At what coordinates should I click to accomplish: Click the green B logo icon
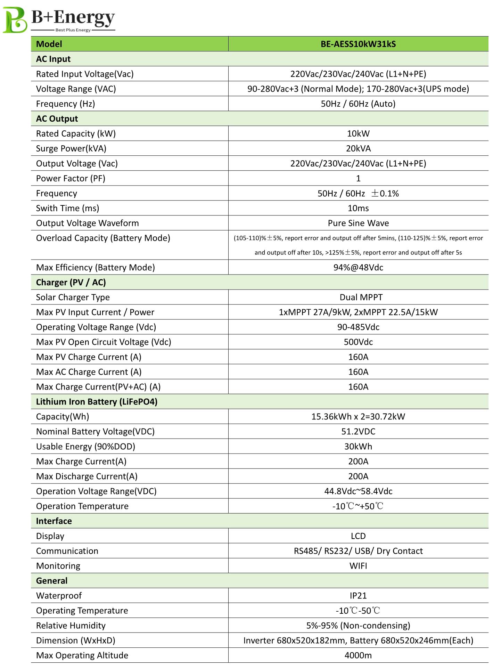click(x=15, y=20)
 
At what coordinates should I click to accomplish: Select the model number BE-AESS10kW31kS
click(x=358, y=44)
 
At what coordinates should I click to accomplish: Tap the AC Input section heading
click(x=53, y=59)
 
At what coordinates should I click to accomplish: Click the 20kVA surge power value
click(x=358, y=149)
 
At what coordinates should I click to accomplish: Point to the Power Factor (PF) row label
click(x=71, y=179)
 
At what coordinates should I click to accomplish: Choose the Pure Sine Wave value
click(x=358, y=223)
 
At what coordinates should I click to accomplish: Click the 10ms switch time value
click(x=358, y=208)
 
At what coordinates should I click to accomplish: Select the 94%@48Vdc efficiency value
click(x=358, y=268)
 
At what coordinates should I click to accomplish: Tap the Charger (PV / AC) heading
click(x=71, y=283)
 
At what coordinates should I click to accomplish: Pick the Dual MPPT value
click(x=361, y=297)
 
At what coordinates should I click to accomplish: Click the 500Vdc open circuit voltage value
click(x=358, y=342)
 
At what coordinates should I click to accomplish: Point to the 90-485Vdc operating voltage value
click(x=358, y=327)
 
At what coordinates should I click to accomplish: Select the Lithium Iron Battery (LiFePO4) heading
click(x=97, y=402)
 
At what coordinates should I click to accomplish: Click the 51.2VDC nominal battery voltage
click(x=358, y=432)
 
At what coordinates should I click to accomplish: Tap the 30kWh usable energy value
click(x=358, y=447)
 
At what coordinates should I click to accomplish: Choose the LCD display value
click(x=358, y=536)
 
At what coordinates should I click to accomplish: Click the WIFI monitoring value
click(x=358, y=566)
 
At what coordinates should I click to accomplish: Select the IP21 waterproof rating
click(x=358, y=596)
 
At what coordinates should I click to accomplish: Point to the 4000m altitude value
click(x=358, y=655)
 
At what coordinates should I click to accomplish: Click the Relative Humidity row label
click(x=71, y=626)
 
